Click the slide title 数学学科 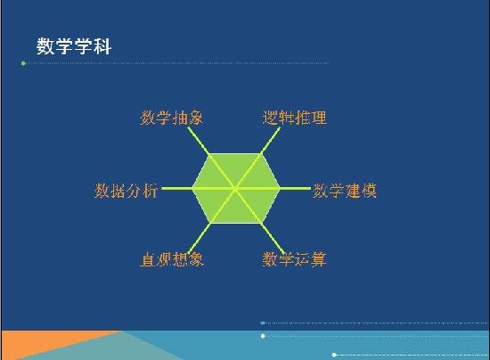(74, 46)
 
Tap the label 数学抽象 (171, 118)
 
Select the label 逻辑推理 (294, 118)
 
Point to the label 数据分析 (126, 191)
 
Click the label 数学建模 (345, 191)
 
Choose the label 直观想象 (172, 259)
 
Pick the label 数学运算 (294, 259)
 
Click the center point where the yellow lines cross (235, 188)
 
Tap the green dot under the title (23, 63)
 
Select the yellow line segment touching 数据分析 (177, 188)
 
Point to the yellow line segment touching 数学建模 (295, 188)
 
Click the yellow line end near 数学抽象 (189, 127)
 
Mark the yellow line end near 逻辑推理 (280, 127)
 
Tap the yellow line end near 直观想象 (189, 253)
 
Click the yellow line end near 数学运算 (283, 253)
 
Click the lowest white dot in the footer (334, 355)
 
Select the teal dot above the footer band (263, 323)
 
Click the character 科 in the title (102, 46)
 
